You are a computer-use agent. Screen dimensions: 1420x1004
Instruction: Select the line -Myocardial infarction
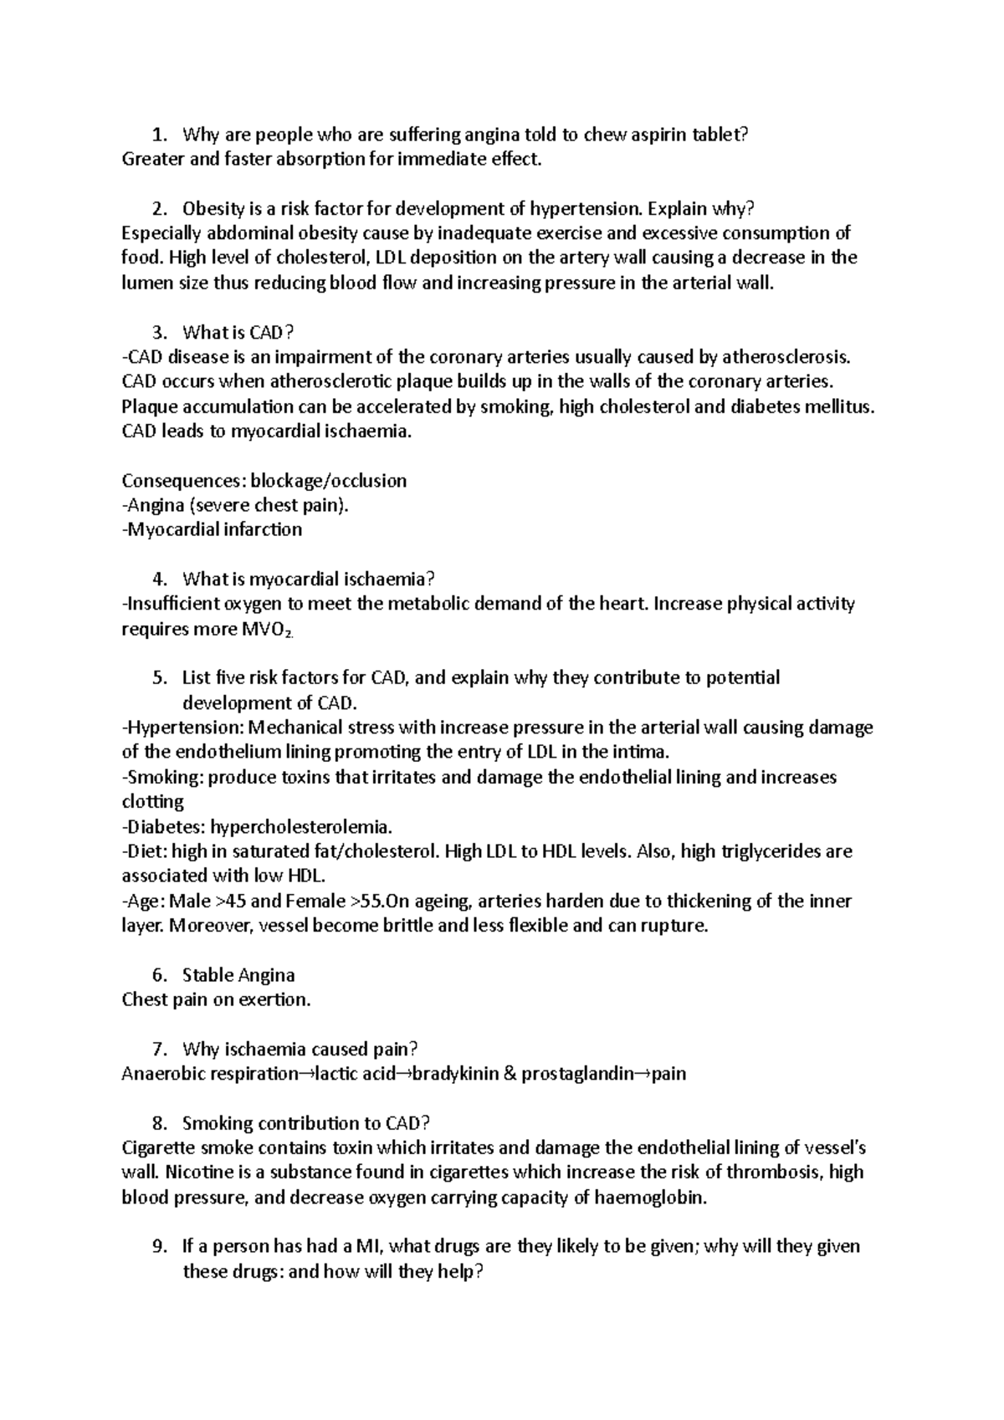(x=212, y=530)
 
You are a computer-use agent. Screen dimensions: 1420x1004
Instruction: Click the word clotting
(x=153, y=802)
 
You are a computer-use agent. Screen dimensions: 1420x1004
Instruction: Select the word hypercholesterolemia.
(x=300, y=827)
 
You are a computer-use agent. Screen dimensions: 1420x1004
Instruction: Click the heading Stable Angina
(x=238, y=975)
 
